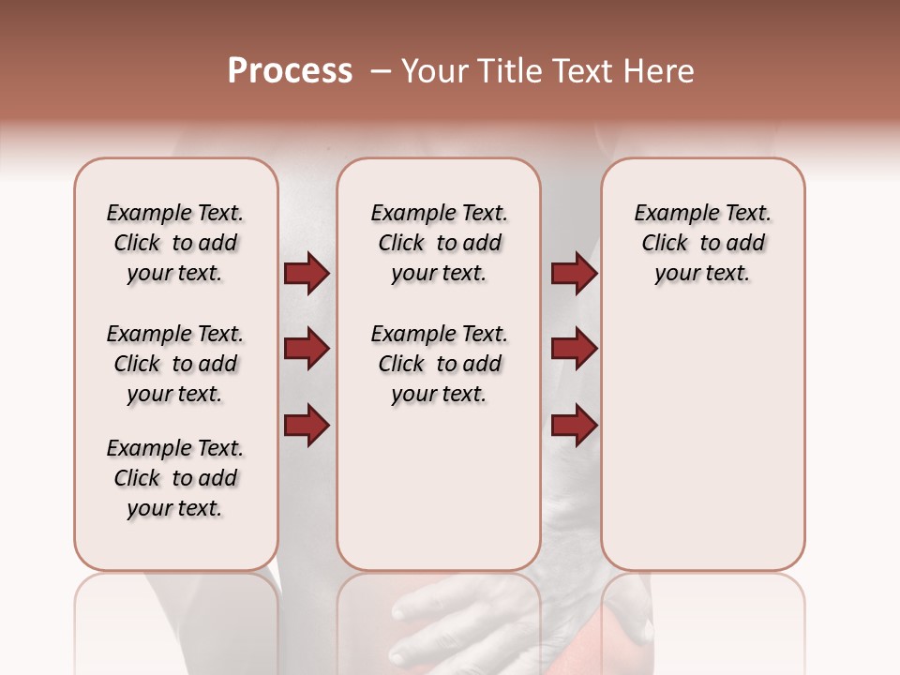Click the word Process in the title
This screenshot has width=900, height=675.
point(290,71)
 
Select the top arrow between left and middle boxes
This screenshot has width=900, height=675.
point(307,273)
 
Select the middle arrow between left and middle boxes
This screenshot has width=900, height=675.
point(307,350)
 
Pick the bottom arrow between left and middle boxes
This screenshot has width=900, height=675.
point(307,426)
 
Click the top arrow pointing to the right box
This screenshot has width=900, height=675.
point(574,273)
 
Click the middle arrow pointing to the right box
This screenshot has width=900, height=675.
point(574,350)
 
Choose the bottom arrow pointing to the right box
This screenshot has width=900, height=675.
point(574,426)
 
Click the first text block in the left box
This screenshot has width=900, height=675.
point(175,243)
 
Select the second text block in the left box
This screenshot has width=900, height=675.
point(175,364)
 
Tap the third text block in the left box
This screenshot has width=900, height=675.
point(175,478)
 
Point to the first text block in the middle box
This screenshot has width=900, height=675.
point(440,243)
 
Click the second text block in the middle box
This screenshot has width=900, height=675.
point(440,364)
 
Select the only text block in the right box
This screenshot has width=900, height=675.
point(703,243)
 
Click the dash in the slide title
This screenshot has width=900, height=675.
point(381,71)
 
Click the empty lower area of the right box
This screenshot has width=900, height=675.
point(703,441)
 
